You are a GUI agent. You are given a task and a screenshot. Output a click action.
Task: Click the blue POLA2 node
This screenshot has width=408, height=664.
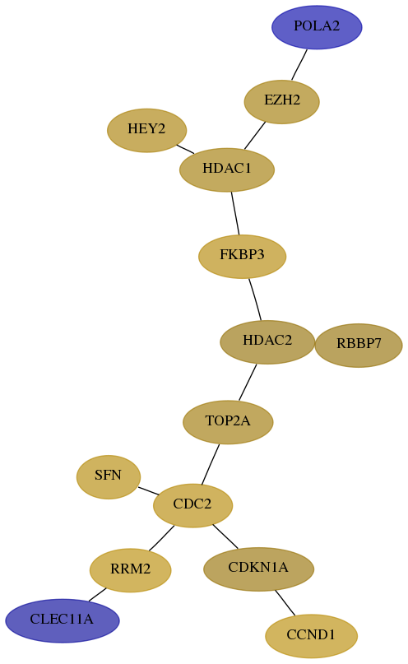317,27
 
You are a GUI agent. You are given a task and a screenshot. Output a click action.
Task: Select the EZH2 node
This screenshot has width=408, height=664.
281,102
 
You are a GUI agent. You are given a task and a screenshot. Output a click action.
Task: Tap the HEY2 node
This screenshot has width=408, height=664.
147,130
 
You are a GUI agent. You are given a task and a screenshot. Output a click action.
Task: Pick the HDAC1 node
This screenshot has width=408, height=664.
227,169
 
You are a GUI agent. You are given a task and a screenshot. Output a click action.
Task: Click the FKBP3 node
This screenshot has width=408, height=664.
242,256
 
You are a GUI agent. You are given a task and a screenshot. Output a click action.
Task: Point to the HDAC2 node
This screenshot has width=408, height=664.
267,341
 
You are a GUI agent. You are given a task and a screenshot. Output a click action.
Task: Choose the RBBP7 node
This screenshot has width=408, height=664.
359,345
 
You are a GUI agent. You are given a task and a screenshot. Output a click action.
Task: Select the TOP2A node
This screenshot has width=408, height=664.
228,422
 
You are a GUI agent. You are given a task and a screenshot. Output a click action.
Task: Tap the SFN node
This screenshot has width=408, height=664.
109,477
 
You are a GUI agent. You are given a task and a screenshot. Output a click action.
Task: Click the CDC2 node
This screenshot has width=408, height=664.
192,505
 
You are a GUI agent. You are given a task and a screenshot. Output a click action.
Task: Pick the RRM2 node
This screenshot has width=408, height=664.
130,570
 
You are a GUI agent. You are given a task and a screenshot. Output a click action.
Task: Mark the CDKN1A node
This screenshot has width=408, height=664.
258,569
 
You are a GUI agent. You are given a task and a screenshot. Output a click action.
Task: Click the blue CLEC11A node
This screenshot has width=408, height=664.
63,620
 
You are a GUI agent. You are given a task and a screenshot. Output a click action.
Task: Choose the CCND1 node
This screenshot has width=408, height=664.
311,636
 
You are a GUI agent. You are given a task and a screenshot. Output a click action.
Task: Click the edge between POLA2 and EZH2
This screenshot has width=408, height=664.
299,64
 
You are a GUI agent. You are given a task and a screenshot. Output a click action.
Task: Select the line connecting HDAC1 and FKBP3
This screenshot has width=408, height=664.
235,213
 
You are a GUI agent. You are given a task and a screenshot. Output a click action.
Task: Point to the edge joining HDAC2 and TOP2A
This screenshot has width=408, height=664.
248,382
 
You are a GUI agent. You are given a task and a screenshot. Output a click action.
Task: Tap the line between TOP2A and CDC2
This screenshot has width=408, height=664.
211,464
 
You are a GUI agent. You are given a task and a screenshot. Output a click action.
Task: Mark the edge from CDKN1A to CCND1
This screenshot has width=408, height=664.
285,602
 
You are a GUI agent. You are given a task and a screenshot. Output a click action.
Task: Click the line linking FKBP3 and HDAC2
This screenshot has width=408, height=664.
255,299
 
